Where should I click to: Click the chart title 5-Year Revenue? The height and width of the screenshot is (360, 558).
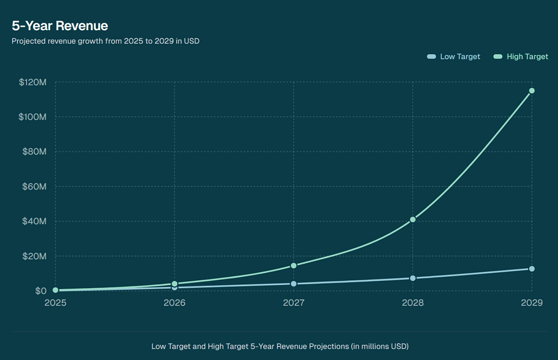pos(60,26)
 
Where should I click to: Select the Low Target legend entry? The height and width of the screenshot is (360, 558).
pos(454,56)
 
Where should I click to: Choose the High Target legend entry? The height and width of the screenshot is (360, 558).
pos(521,56)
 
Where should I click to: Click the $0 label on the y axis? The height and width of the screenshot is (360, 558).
pos(40,291)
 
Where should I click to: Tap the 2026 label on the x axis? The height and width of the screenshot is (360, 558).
pos(174,302)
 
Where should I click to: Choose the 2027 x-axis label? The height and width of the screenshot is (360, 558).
pos(294,302)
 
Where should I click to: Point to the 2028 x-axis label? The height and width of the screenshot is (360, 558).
pos(413,302)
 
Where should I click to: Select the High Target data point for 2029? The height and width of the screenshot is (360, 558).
pos(532,91)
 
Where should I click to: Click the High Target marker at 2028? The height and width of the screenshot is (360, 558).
pos(413,219)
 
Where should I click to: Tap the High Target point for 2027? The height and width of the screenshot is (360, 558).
pos(294,265)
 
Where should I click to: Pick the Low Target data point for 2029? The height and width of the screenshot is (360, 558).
pos(532,269)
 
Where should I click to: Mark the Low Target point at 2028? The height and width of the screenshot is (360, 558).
pos(413,278)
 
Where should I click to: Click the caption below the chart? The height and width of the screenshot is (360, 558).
pos(280,346)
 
